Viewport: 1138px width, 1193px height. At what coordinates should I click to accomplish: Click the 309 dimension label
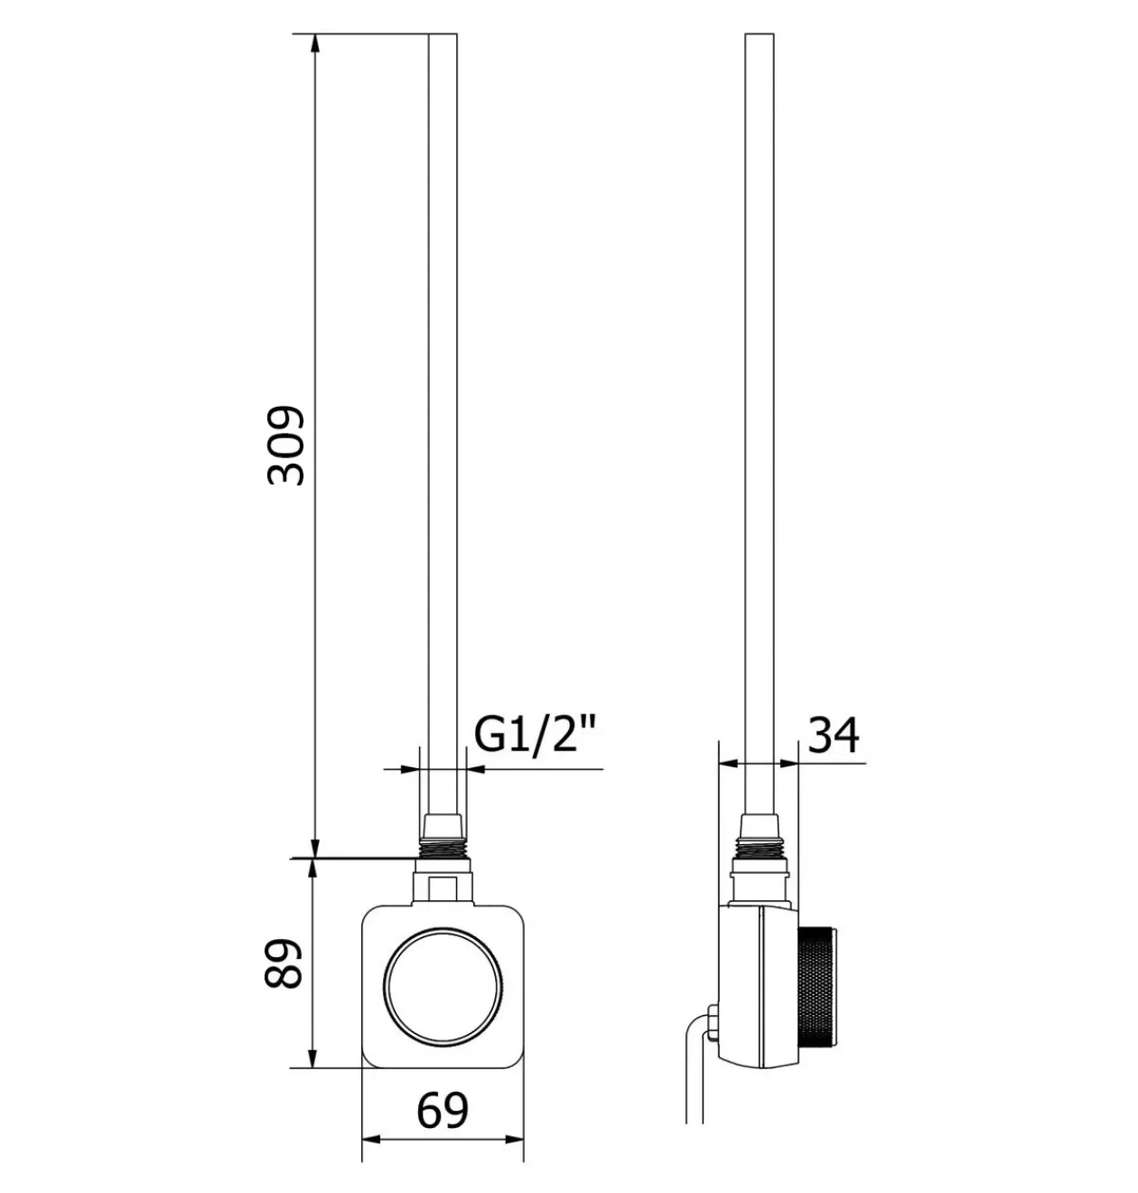(x=285, y=446)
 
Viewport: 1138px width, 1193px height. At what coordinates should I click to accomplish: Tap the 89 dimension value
(x=284, y=964)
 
